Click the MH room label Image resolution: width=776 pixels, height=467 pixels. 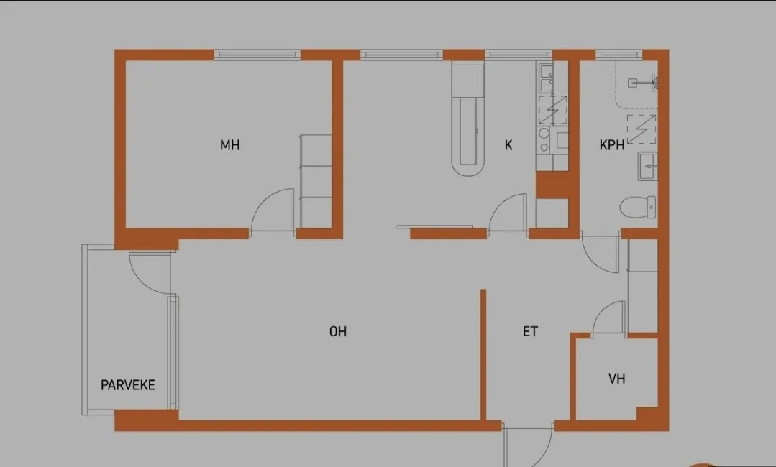pos(229,145)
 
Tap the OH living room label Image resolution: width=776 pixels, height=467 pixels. pos(338,331)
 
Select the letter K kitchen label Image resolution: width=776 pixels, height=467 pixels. pos(508,145)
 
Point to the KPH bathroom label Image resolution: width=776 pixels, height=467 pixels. pos(612,145)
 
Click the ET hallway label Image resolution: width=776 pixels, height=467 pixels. pos(530,331)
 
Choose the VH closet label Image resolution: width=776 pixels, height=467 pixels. pos(616,379)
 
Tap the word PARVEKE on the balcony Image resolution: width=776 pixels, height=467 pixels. pos(128,385)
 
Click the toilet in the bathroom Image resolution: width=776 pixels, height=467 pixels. pos(639,207)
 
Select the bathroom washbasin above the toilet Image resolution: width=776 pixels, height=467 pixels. pos(647,166)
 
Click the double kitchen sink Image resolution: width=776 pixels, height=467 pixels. pos(547,79)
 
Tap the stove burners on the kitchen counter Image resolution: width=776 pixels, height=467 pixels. pos(544,140)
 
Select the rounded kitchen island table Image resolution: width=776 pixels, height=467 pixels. pos(467,119)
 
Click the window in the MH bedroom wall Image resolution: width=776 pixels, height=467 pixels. pos(257,55)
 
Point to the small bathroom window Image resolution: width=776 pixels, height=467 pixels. pos(618,55)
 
